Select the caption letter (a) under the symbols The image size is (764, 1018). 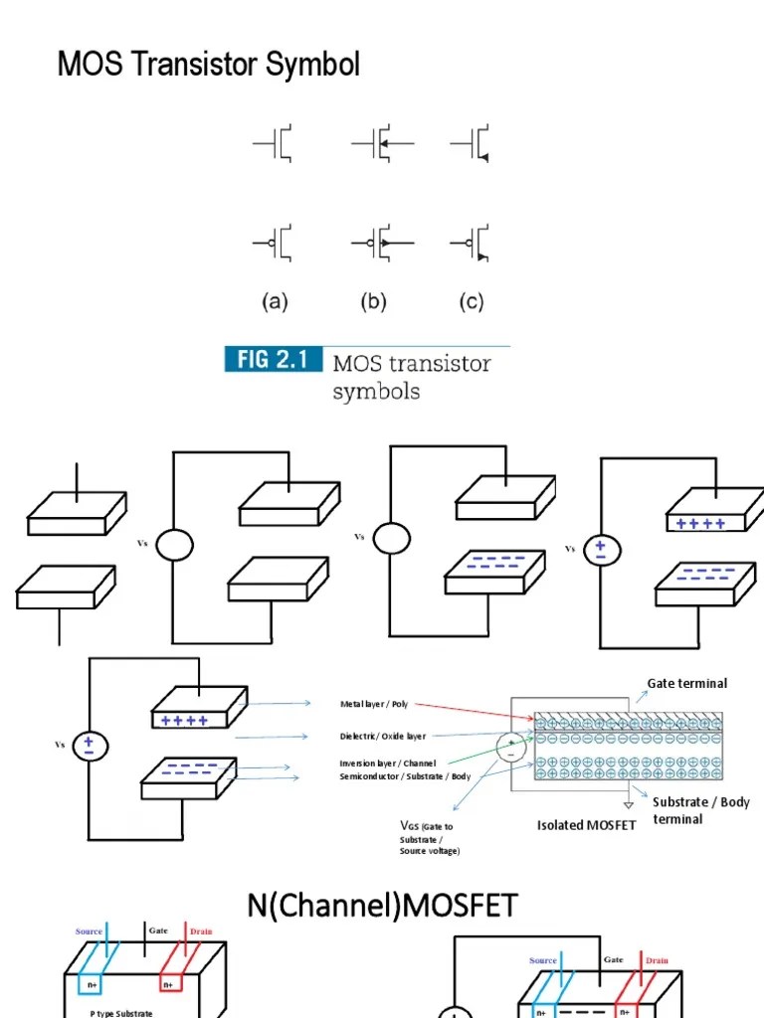tap(275, 302)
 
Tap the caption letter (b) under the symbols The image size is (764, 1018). tap(373, 302)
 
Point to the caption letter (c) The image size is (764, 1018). tap(471, 302)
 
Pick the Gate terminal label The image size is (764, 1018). tap(686, 683)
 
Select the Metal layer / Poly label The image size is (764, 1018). tap(373, 704)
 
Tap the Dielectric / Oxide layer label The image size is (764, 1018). tap(382, 737)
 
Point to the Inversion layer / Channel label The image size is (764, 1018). tap(387, 763)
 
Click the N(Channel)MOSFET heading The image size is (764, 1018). tap(382, 906)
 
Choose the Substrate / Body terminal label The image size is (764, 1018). tap(700, 809)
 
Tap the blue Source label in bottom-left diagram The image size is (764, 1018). tap(90, 932)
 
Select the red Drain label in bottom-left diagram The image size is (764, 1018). tap(201, 932)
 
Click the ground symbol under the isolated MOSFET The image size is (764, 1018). tap(628, 807)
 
